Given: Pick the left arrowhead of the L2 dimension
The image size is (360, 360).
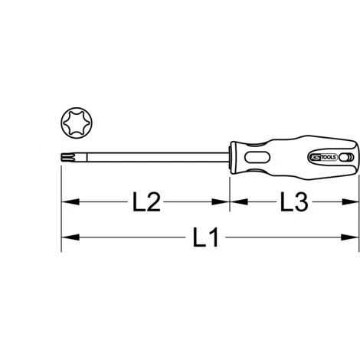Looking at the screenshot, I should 67,204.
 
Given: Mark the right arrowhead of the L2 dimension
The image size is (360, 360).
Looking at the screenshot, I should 223,204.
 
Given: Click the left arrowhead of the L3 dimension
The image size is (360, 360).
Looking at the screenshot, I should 234,204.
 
